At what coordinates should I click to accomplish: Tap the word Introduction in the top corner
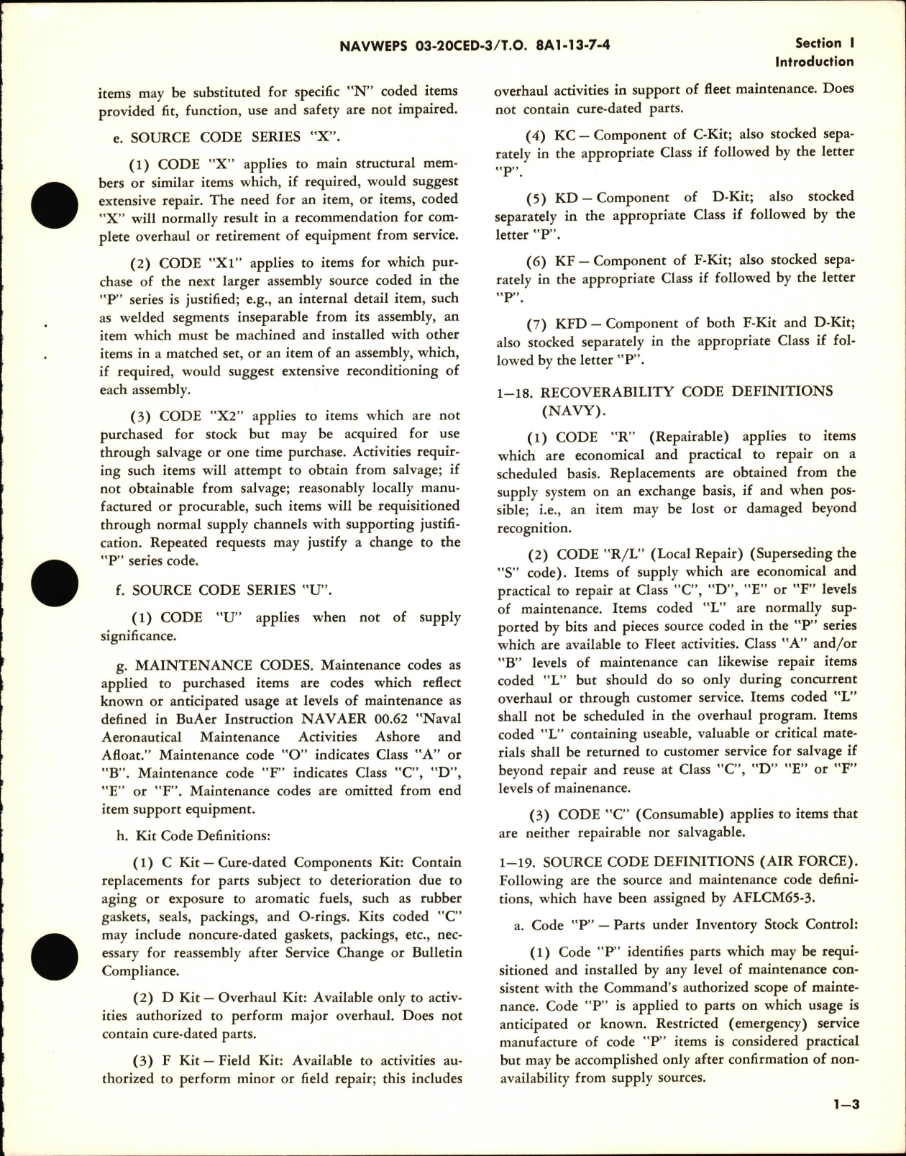click(814, 62)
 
